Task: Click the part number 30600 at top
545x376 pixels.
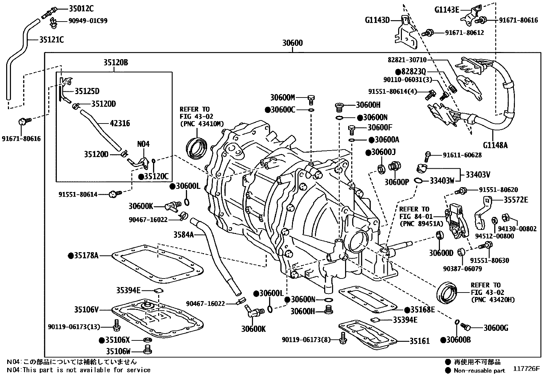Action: click(292, 43)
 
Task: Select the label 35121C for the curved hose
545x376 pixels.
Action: click(51, 40)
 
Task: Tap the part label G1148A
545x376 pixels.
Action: click(495, 145)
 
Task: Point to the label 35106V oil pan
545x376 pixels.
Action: click(86, 310)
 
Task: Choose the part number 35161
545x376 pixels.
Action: click(419, 341)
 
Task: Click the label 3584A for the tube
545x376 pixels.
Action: click(183, 234)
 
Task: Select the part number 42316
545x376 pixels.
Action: click(119, 123)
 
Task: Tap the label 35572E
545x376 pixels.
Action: click(516, 200)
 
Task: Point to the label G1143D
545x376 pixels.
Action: click(377, 20)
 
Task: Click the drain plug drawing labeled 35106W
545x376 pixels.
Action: click(148, 350)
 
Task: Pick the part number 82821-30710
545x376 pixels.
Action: click(407, 60)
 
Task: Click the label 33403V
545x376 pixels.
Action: click(478, 174)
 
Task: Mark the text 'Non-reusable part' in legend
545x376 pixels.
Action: click(479, 370)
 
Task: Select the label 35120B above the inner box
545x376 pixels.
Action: click(116, 63)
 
